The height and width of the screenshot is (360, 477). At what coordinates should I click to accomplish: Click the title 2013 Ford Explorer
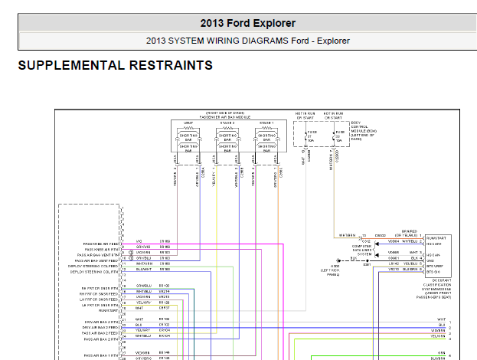(x=247, y=23)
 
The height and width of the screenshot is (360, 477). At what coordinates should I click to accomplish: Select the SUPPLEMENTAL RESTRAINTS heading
(x=115, y=66)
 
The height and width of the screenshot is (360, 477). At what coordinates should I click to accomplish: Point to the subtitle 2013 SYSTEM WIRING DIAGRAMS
(x=247, y=41)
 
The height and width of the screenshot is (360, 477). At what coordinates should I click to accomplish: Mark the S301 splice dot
(x=367, y=260)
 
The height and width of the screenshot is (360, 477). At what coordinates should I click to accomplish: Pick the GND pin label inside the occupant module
(x=433, y=259)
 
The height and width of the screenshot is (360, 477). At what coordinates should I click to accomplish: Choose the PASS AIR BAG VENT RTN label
(x=97, y=255)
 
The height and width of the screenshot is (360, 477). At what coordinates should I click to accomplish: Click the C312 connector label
(x=366, y=240)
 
